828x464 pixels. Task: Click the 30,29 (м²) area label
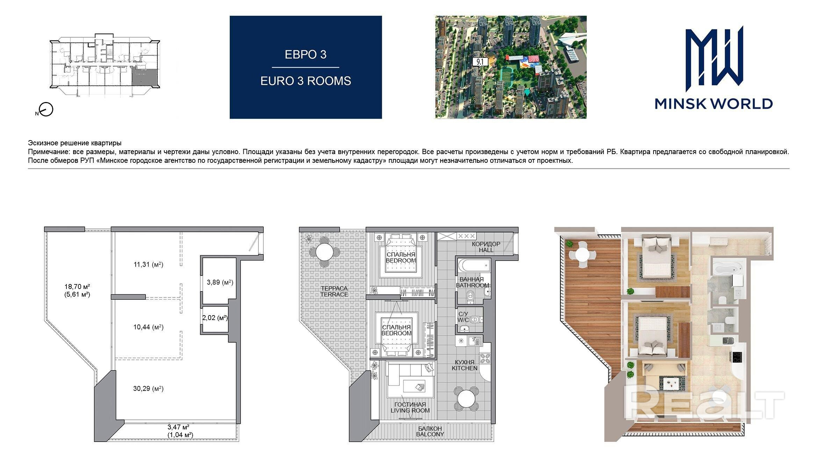pos(148,389)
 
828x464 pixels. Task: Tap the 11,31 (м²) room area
pos(148,264)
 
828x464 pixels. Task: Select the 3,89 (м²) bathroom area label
pos(220,282)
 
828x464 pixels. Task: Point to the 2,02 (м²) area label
pos(215,318)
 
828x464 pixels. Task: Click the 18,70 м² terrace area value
pos(77,287)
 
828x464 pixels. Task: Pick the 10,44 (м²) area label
pos(148,327)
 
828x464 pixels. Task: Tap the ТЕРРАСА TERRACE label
pos(334,291)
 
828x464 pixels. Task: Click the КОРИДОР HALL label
pos(486,247)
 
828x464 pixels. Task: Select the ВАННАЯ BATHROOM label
pos(472,282)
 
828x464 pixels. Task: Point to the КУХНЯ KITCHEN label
pos(464,365)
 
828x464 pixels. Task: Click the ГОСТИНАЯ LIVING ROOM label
pos(410,407)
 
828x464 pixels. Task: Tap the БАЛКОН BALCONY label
pos(430,432)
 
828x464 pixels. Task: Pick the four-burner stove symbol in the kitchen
pos(485,358)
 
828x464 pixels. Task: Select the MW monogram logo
pos(714,61)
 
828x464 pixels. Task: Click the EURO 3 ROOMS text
pos(306,81)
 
